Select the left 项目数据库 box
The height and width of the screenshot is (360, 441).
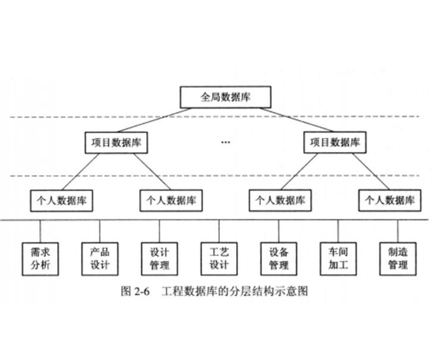116,143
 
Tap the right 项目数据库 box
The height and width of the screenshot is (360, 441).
335,143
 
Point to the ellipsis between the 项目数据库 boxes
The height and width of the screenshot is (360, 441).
225,143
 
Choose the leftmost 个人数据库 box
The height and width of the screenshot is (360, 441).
61,200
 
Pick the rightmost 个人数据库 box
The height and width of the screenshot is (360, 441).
390,200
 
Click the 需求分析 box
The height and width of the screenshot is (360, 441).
40,257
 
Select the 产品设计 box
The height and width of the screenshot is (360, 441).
100,257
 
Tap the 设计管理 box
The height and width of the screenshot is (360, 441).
159,257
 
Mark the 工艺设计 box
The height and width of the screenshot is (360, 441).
219,257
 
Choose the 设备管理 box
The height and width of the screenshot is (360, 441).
278,257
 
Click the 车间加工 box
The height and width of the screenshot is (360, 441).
338,257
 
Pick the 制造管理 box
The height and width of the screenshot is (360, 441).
397,257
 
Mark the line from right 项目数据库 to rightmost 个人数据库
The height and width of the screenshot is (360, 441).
368,171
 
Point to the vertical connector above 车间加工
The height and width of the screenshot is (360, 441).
338,230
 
